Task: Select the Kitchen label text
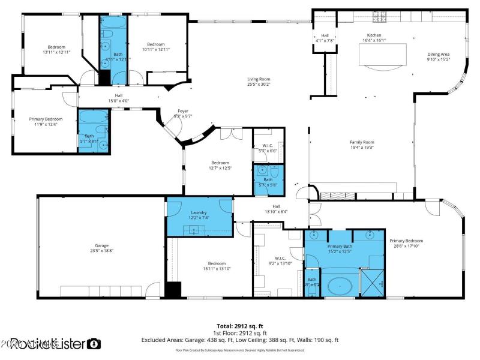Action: pyautogui.click(x=374, y=35)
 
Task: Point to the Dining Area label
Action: pyautogui.click(x=438, y=54)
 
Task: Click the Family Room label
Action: pyautogui.click(x=362, y=142)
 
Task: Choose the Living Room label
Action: pyautogui.click(x=259, y=79)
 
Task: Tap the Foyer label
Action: pyautogui.click(x=183, y=111)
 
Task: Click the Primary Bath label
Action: pyautogui.click(x=340, y=246)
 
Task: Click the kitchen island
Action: pyautogui.click(x=382, y=55)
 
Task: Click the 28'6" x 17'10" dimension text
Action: pyautogui.click(x=410, y=246)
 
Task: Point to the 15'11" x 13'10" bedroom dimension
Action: pyautogui.click(x=217, y=268)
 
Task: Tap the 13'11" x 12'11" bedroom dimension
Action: pyautogui.click(x=56, y=52)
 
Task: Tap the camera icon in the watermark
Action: pyautogui.click(x=94, y=344)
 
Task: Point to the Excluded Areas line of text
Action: pyautogui.click(x=239, y=339)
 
